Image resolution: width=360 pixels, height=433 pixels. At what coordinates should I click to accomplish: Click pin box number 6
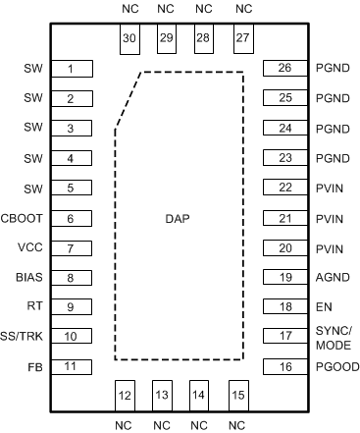point(71,218)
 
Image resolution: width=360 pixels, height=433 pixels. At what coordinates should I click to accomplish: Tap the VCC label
point(31,248)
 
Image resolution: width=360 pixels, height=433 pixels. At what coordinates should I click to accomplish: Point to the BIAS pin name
point(29,278)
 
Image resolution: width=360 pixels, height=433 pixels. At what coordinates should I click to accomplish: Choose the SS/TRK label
point(25,337)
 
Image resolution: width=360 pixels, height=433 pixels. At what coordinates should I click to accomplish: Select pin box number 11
point(71,366)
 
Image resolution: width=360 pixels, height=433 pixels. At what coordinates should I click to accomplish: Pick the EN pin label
point(323,307)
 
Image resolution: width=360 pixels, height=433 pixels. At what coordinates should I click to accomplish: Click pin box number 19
point(285,278)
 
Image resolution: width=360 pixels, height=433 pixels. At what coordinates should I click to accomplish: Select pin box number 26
point(285,69)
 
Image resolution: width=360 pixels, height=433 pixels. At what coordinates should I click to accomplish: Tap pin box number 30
point(129,38)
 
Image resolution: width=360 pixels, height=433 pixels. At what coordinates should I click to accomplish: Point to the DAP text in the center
point(178,217)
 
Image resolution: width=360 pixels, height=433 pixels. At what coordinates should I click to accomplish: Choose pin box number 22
point(285,188)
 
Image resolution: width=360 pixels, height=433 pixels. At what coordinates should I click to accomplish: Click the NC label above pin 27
point(241,9)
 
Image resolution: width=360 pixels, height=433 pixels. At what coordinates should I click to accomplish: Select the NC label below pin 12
point(124,425)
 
